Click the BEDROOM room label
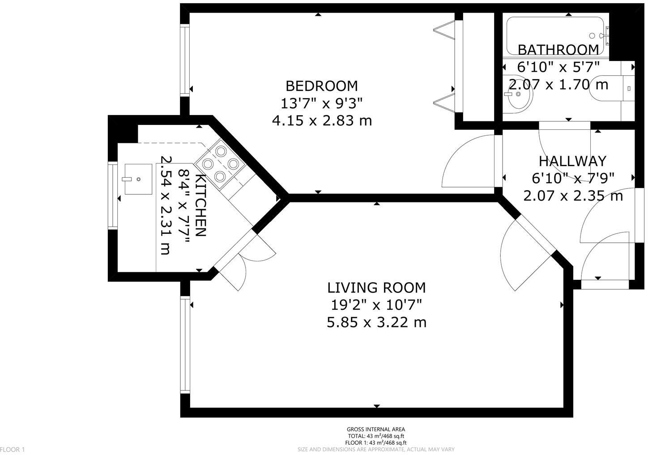pyautogui.click(x=321, y=85)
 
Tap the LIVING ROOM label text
pyautogui.click(x=376, y=287)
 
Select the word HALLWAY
pyautogui.click(x=572, y=161)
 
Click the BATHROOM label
pyautogui.click(x=558, y=49)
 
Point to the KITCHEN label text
pyautogui.click(x=201, y=206)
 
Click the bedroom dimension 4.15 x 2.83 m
pyautogui.click(x=322, y=120)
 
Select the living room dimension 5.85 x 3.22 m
pyautogui.click(x=376, y=322)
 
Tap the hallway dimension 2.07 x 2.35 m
pyautogui.click(x=573, y=196)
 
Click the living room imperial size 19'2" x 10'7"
pyautogui.click(x=376, y=305)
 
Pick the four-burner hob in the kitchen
pyautogui.click(x=220, y=164)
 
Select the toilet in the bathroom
pyautogui.click(x=613, y=89)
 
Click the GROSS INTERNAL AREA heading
pyautogui.click(x=376, y=429)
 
